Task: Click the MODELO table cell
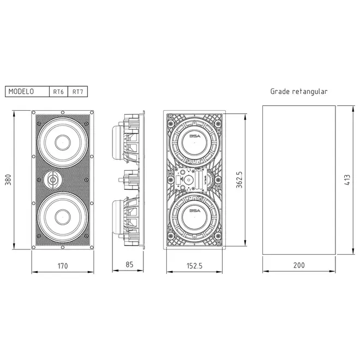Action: coord(27,92)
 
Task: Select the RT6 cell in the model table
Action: coord(58,92)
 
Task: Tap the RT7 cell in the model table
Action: coord(77,92)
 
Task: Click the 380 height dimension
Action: coord(8,180)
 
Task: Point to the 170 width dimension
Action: coord(63,266)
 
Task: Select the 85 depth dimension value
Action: coord(129,265)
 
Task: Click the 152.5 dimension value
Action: coord(195,266)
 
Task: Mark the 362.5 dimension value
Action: coord(239,179)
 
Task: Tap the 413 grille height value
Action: coord(347,180)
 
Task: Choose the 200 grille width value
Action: coord(299,265)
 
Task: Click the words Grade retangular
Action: coord(299,92)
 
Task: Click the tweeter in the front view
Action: coord(53,180)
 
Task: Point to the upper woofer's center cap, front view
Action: coord(62,142)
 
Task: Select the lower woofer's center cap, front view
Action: coord(62,217)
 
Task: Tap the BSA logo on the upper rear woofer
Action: coord(195,136)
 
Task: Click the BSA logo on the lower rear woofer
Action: coord(195,211)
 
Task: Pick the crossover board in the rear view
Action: coord(191,179)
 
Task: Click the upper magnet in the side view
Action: coord(118,142)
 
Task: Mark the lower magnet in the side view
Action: coord(118,217)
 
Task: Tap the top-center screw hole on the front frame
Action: coord(62,112)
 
